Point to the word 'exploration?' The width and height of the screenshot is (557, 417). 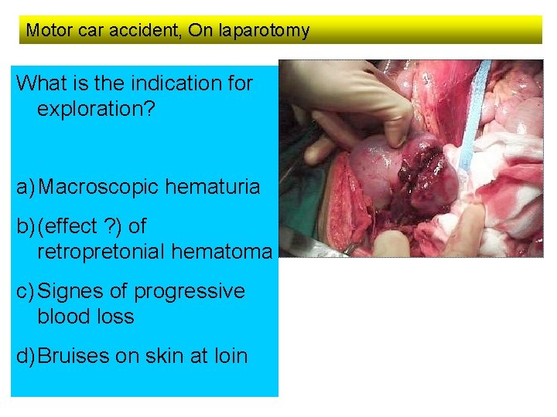pos(96,107)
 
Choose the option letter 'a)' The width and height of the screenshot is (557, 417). pos(26,187)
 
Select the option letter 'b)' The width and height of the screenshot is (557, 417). pos(26,227)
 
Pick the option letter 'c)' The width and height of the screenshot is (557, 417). pos(26,292)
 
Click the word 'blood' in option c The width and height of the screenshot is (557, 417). pos(63,317)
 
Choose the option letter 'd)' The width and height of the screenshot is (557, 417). pos(26,357)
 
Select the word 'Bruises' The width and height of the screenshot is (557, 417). pos(74,357)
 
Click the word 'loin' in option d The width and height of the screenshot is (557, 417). pos(228,357)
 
